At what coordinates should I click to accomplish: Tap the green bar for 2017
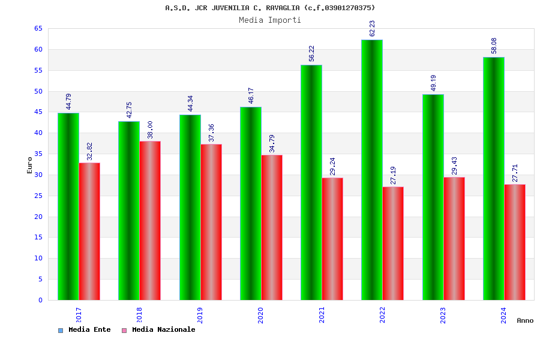pos(68,206)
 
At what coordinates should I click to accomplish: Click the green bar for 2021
pos(311,182)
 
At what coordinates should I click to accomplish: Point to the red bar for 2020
pos(272,227)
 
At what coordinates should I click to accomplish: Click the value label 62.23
pos(372,28)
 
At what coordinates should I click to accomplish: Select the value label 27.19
pos(394,175)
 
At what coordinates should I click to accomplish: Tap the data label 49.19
pos(433,83)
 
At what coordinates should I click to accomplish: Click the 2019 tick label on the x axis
pos(200,315)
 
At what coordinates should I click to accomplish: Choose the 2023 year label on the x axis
pos(443,315)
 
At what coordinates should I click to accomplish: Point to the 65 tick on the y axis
pos(38,29)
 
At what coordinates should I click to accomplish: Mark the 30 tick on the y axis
pos(38,175)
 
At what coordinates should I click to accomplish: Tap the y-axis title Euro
pos(30,165)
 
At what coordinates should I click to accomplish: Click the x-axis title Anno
pos(525,320)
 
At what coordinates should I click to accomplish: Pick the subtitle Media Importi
pos(270,20)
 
